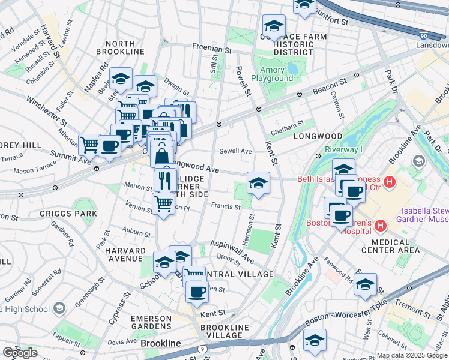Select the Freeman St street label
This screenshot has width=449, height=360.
pos(211,47)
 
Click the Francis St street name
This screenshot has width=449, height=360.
pos(226,207)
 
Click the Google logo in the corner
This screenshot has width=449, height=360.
pos(20,353)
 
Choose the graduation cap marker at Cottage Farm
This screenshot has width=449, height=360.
pos(274,27)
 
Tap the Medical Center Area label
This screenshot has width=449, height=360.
pos(391,249)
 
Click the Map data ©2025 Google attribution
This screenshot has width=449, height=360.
pos(412,355)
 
